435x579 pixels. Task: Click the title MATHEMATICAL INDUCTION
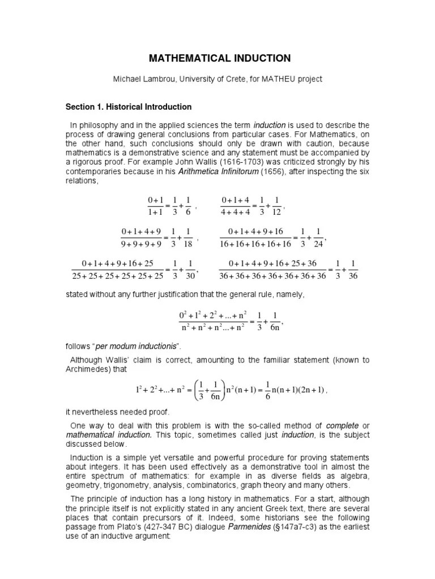click(x=219, y=58)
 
